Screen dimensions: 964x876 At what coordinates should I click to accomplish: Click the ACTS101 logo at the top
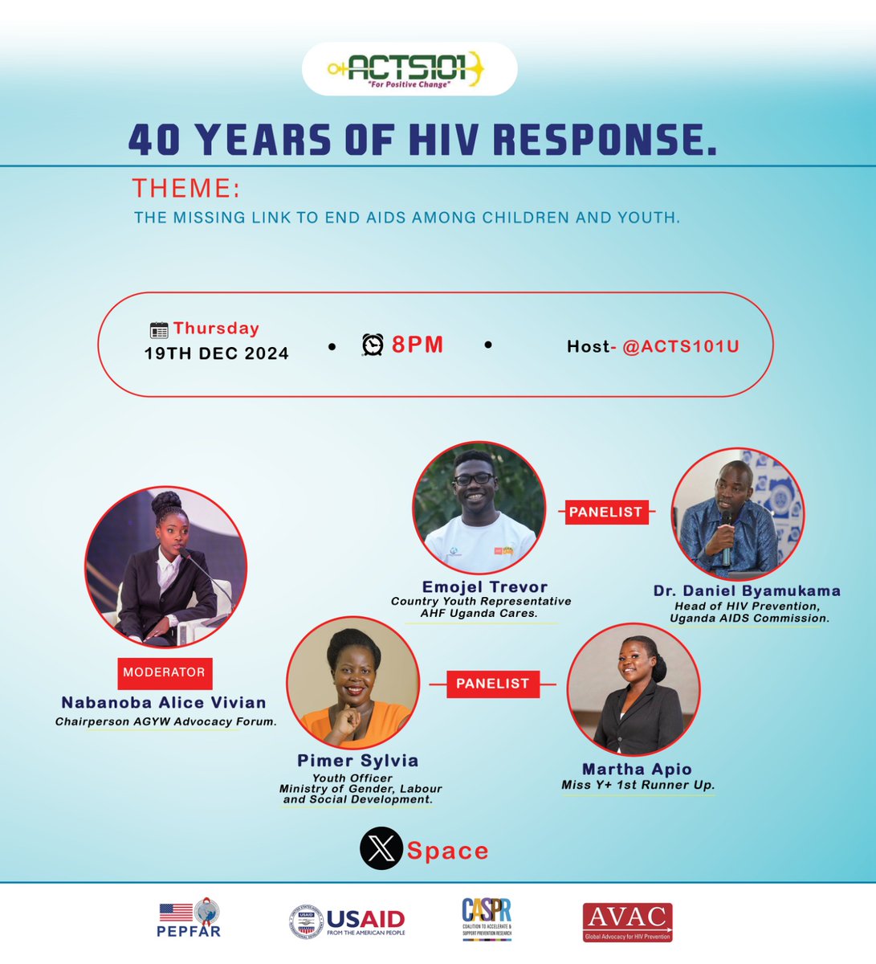point(409,69)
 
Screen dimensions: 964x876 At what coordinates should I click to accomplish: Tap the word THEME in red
point(186,188)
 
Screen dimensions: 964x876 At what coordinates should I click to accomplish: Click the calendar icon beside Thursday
point(159,329)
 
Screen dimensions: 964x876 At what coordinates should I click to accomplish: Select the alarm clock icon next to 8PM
point(373,345)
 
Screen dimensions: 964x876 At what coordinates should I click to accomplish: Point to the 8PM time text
point(418,345)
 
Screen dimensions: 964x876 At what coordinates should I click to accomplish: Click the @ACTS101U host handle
point(680,346)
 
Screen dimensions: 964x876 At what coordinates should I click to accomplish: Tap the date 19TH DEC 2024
point(216,353)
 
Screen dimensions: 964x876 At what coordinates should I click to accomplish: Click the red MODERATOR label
point(164,672)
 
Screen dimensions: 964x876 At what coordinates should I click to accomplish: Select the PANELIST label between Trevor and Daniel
point(605,512)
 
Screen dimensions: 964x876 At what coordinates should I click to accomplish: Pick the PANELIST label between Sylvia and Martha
point(492,684)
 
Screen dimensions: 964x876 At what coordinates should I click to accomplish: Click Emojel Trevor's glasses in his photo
point(474,479)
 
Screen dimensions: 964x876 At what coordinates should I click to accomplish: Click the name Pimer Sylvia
point(358,760)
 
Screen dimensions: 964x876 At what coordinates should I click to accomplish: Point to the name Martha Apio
point(637,769)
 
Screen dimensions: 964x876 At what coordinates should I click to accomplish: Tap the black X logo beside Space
point(381,850)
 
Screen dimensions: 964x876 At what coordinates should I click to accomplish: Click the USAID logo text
point(365,919)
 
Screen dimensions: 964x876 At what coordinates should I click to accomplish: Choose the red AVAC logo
point(627,921)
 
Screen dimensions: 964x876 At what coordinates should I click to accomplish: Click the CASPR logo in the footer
point(487,919)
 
